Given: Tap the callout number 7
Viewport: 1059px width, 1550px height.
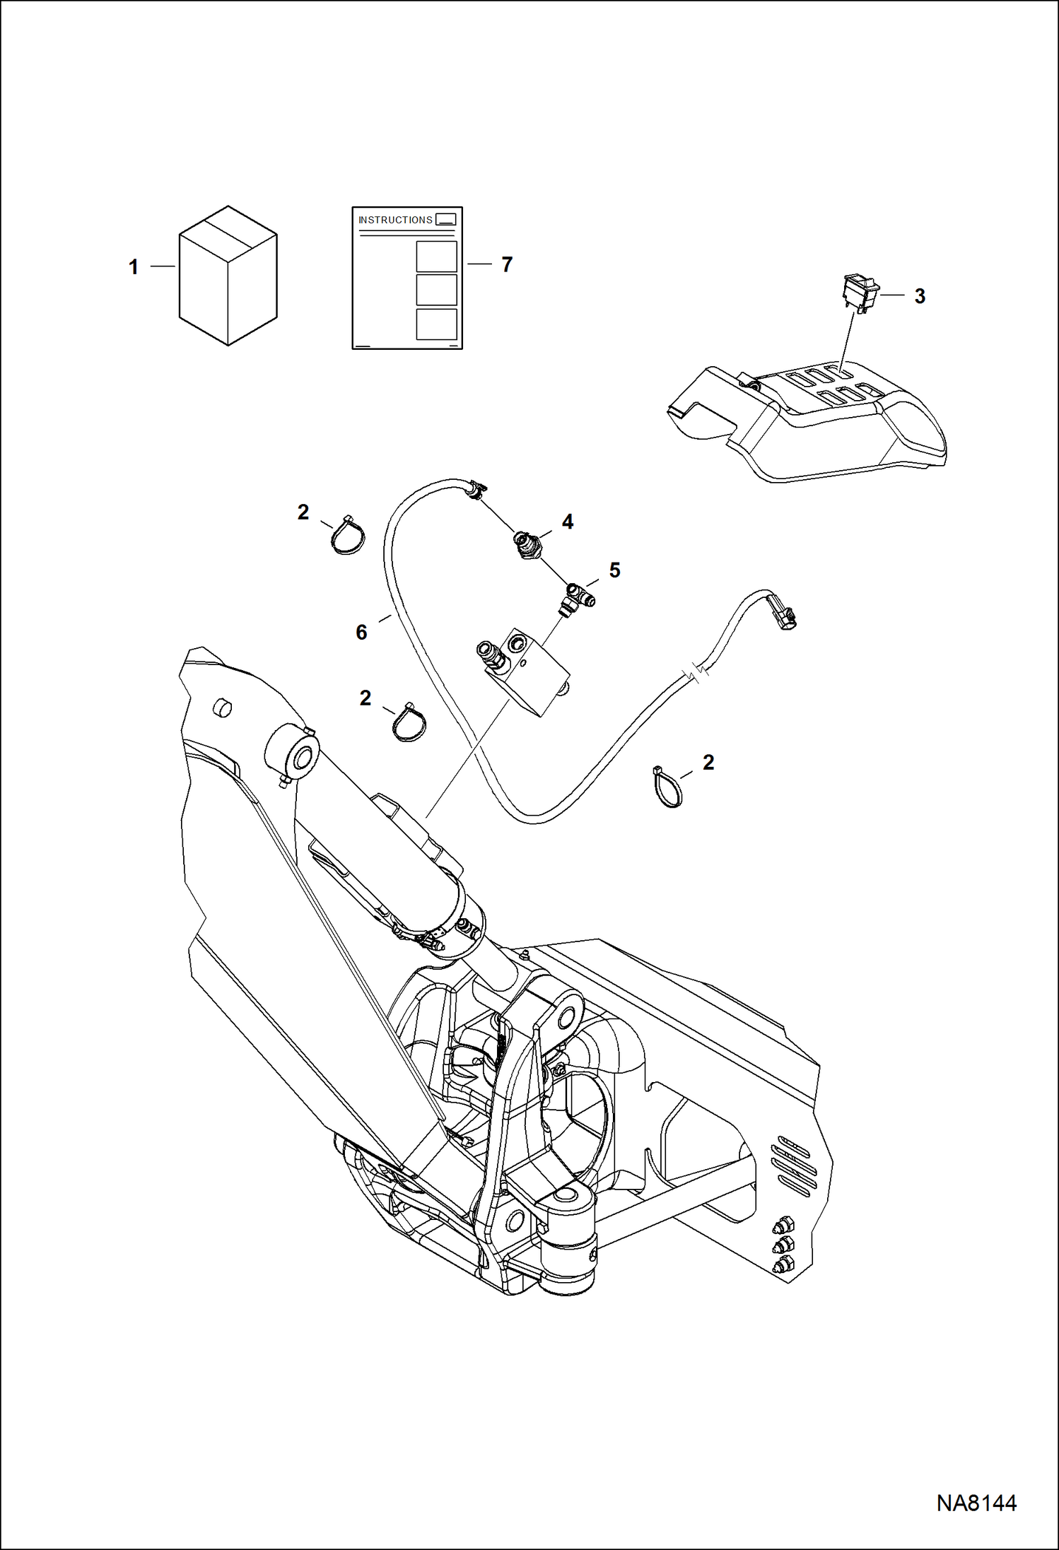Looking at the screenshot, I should click(506, 264).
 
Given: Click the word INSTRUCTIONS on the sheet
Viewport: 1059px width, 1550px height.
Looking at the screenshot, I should click(395, 220).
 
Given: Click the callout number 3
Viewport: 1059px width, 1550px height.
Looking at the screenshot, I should click(919, 296).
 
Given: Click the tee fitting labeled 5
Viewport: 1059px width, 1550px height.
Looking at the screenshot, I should click(577, 595).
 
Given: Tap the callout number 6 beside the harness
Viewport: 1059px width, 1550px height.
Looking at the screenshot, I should click(361, 632).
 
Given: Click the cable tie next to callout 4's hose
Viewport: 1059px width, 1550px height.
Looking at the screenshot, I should click(348, 536).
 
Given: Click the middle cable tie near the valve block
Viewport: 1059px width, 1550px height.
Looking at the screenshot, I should click(410, 722).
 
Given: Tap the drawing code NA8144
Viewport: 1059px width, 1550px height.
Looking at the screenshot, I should click(976, 1503).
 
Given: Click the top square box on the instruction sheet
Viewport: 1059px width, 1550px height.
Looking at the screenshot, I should click(436, 256).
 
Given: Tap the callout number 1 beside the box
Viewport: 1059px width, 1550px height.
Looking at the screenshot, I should click(133, 267).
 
